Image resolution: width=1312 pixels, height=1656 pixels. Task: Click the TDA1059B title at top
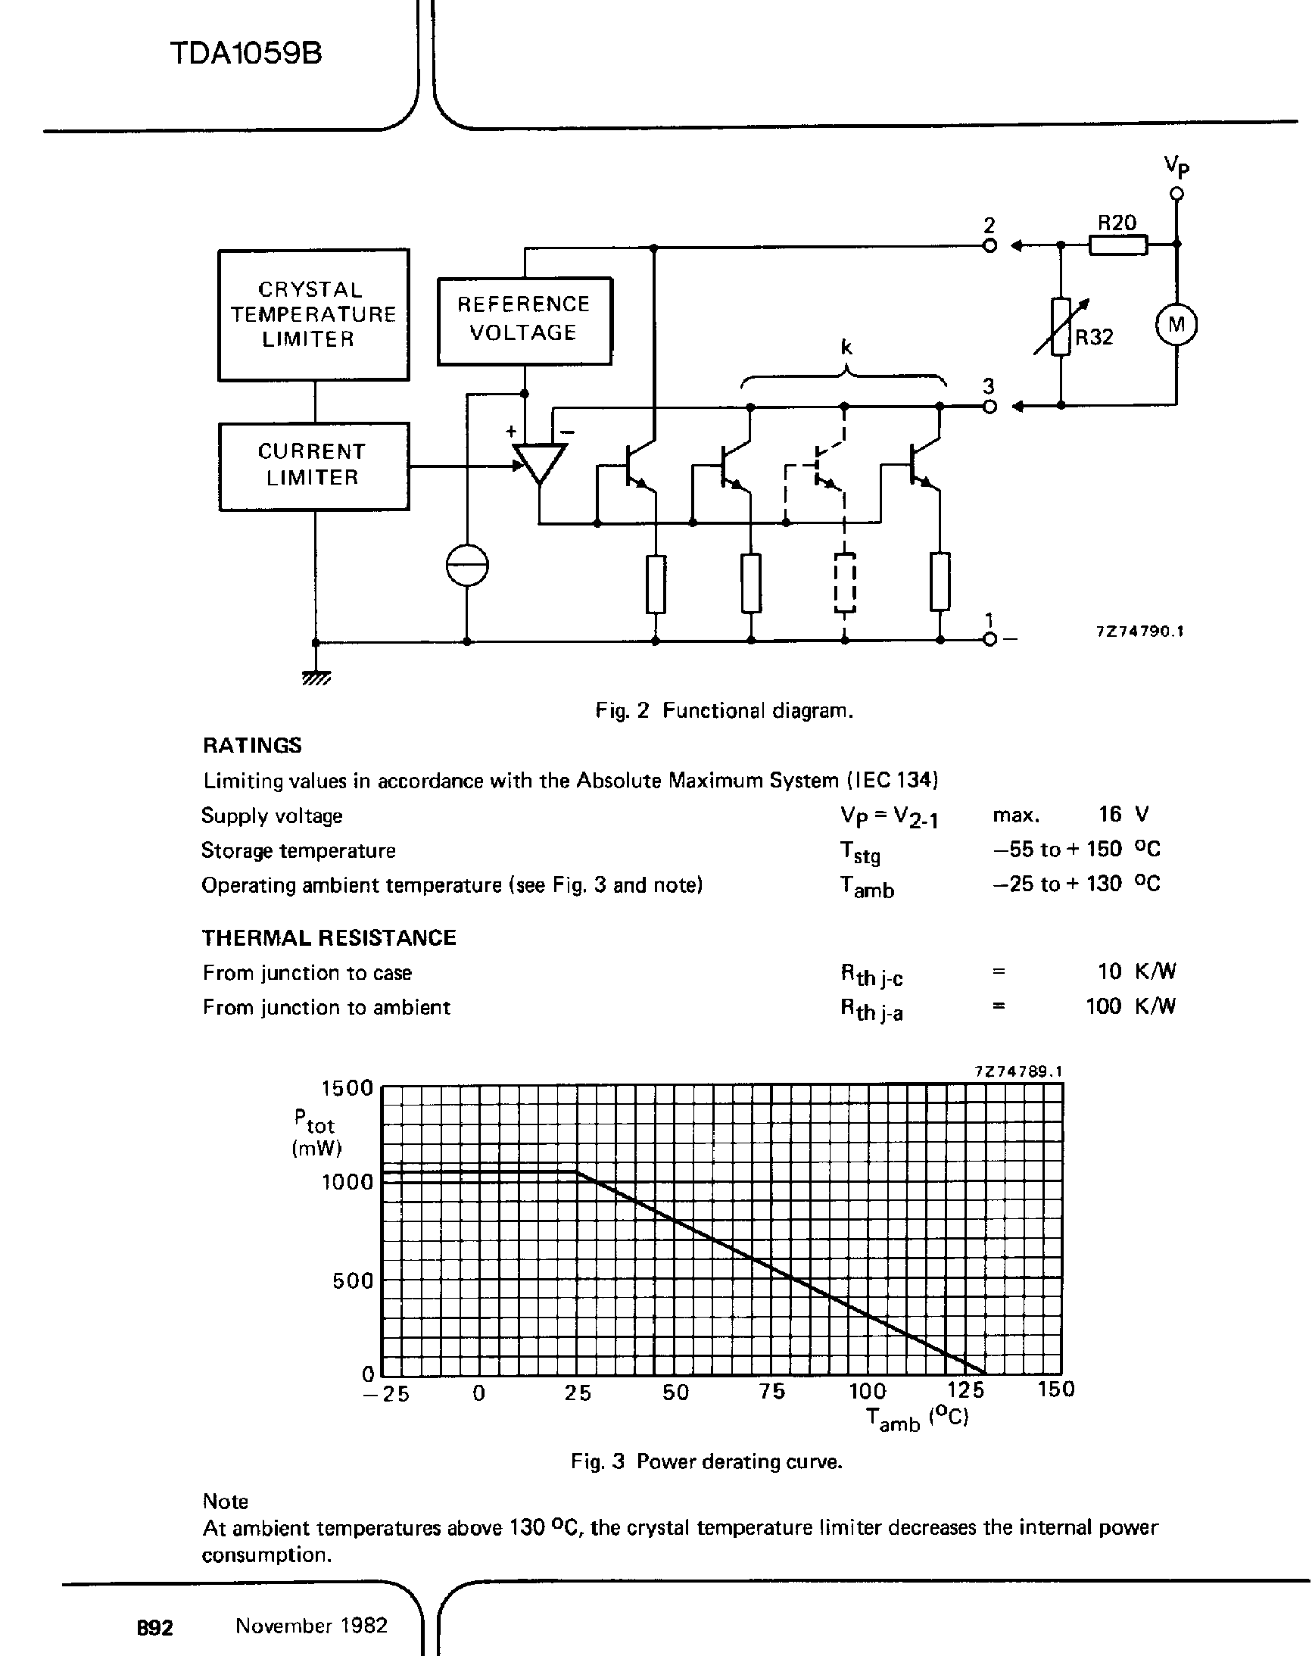tap(245, 54)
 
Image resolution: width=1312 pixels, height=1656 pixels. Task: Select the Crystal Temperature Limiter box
tap(313, 314)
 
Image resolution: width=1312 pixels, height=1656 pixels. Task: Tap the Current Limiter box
tap(313, 466)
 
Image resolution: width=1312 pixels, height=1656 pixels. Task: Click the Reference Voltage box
tap(525, 320)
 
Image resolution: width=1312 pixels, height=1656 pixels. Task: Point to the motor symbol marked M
tap(1176, 325)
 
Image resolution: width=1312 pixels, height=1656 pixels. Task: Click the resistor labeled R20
tap(1117, 245)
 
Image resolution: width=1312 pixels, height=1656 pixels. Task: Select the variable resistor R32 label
tap(1094, 337)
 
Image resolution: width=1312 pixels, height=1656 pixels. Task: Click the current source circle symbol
tap(467, 566)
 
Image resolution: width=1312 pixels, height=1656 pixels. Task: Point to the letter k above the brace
tap(846, 347)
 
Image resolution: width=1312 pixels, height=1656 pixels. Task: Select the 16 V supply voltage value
tap(1121, 814)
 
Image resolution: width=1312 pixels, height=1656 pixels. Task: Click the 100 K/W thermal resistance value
tap(1130, 1006)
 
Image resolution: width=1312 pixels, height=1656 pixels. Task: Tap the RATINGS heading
tap(252, 745)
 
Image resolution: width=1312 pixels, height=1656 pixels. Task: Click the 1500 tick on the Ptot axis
tap(347, 1088)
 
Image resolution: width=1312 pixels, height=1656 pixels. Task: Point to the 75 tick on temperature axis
tap(772, 1391)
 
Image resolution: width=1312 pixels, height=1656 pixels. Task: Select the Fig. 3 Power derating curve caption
tap(706, 1461)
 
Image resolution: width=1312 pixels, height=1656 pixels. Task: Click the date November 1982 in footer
tap(311, 1625)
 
